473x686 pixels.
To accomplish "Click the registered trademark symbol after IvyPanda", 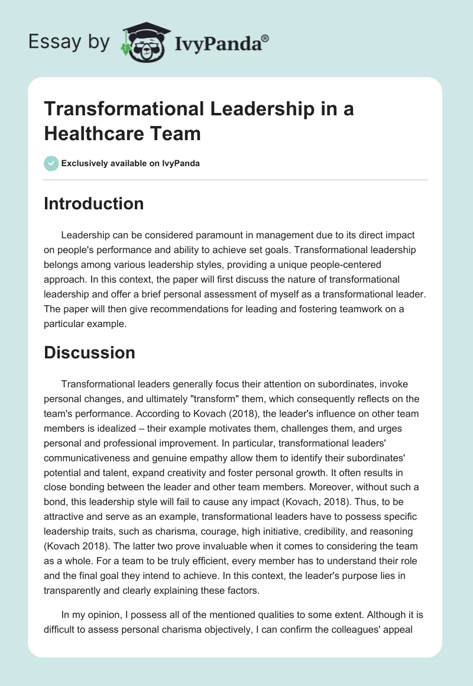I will pyautogui.click(x=265, y=38).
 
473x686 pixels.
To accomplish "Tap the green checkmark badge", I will pyautogui.click(x=51, y=163).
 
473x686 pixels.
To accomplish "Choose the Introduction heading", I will pyautogui.click(x=93, y=203).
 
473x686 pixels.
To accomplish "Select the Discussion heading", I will pyautogui.click(x=89, y=352).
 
